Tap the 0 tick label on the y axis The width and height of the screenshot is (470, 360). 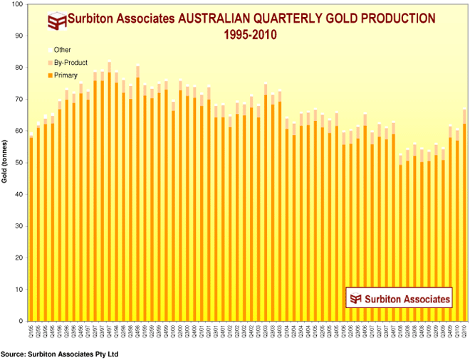tap(21, 322)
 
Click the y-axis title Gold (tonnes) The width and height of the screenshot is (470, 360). tap(5, 163)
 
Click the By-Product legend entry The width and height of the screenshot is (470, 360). tap(69, 62)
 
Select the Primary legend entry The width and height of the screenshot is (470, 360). tap(66, 74)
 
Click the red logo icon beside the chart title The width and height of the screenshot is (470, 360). tap(56, 21)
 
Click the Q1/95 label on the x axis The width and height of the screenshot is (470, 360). tap(31, 329)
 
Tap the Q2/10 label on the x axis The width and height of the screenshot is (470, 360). tap(464, 329)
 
